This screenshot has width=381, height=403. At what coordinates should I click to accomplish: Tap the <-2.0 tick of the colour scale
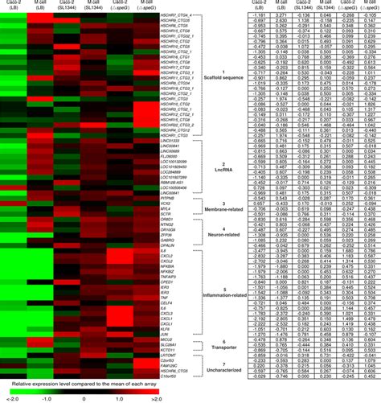point(9,397)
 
